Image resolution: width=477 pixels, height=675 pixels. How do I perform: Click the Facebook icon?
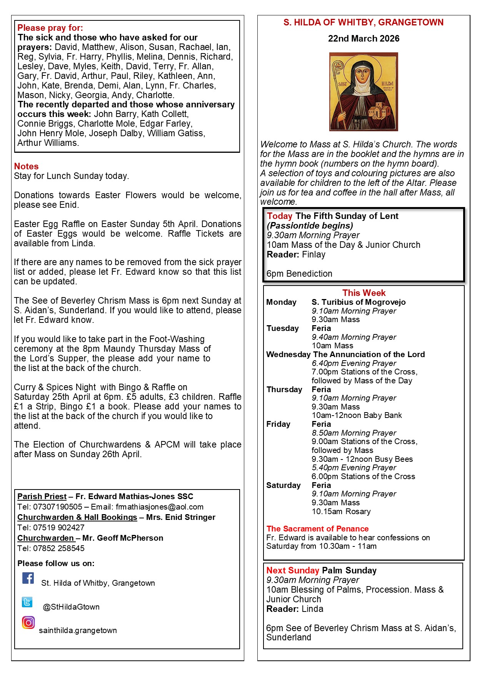pyautogui.click(x=28, y=578)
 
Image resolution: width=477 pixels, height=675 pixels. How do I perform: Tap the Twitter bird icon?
pyautogui.click(x=27, y=602)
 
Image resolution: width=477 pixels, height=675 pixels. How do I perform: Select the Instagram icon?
pyautogui.click(x=28, y=622)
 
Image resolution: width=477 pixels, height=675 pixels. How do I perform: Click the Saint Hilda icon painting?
pyautogui.click(x=364, y=92)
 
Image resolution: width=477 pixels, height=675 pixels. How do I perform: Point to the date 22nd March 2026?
pyautogui.click(x=364, y=38)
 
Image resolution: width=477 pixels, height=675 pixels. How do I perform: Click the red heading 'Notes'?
pyautogui.click(x=26, y=166)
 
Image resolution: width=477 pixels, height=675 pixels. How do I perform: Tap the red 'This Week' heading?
pyautogui.click(x=364, y=293)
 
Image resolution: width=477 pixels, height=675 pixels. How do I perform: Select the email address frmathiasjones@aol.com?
pyautogui.click(x=160, y=507)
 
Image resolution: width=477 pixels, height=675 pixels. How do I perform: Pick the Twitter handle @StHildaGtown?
pyautogui.click(x=71, y=607)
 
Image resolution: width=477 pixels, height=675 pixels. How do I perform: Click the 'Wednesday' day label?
pyautogui.click(x=288, y=354)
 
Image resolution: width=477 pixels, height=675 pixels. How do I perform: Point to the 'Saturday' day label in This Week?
pyautogui.click(x=283, y=485)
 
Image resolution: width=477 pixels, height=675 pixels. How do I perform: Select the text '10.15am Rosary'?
pyautogui.click(x=341, y=511)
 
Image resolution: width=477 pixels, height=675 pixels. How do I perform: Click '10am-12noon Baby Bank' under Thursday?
pyautogui.click(x=357, y=415)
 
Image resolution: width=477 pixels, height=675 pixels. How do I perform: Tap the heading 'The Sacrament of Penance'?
pyautogui.click(x=317, y=529)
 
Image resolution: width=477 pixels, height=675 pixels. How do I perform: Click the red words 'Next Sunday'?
pyautogui.click(x=293, y=570)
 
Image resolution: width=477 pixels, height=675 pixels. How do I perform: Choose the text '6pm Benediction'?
pyautogui.click(x=299, y=274)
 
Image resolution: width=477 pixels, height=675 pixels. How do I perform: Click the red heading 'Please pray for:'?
pyautogui.click(x=50, y=28)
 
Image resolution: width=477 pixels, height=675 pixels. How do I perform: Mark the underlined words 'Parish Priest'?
pyautogui.click(x=42, y=496)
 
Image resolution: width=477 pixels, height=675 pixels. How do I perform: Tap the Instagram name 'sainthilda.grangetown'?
pyautogui.click(x=78, y=630)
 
